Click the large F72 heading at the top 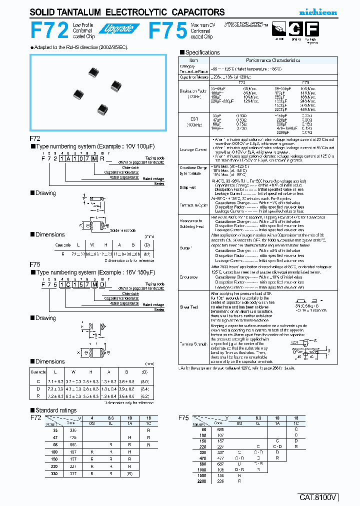(49, 31)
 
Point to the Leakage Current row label (193, 149)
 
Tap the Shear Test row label (193, 307)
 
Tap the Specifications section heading (202, 52)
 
